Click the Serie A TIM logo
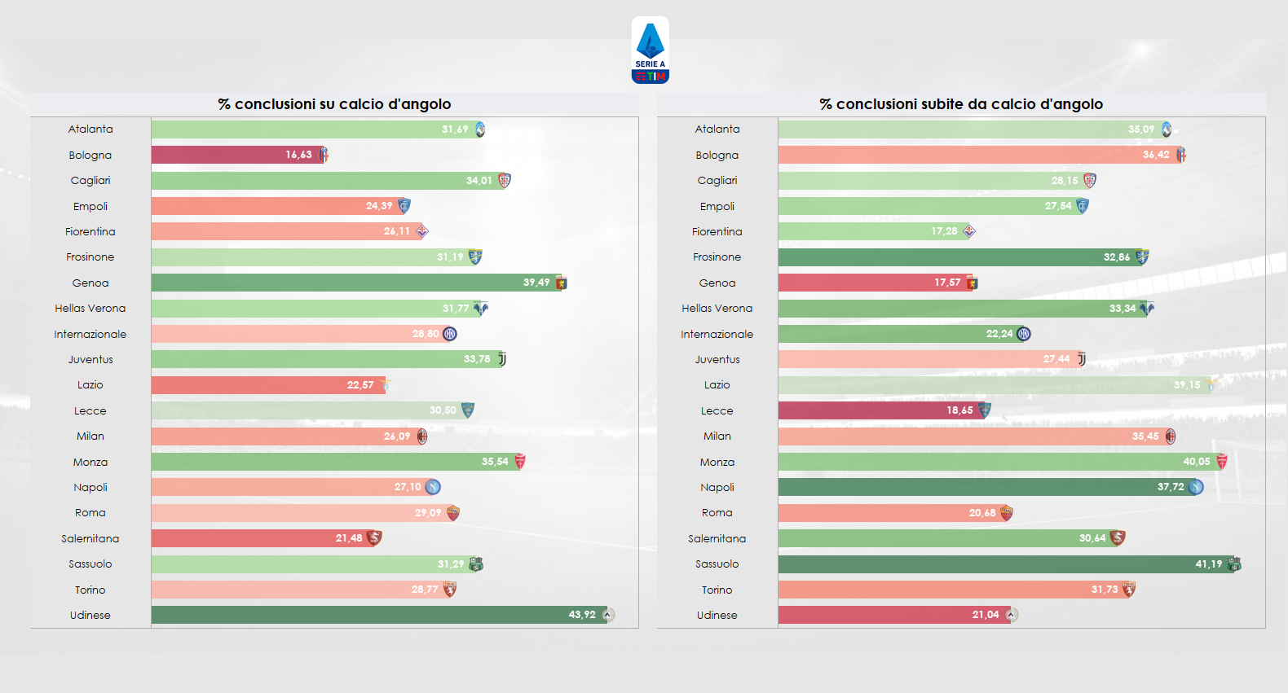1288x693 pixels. click(x=650, y=50)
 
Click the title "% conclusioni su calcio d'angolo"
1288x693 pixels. click(x=334, y=104)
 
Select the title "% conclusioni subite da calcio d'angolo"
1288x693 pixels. click(x=961, y=104)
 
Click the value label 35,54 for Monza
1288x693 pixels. click(x=495, y=462)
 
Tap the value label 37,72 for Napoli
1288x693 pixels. click(x=1171, y=487)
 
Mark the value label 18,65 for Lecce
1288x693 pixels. click(x=959, y=410)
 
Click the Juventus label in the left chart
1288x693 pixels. click(x=90, y=359)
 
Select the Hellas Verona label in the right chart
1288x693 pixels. click(x=717, y=308)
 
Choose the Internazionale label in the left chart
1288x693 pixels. click(x=90, y=334)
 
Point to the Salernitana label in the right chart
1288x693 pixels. click(x=717, y=538)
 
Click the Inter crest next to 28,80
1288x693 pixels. click(x=450, y=334)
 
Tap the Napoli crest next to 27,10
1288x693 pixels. click(x=433, y=487)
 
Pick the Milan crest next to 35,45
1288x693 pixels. click(x=1171, y=436)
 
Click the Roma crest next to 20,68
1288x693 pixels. click(x=1007, y=513)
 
